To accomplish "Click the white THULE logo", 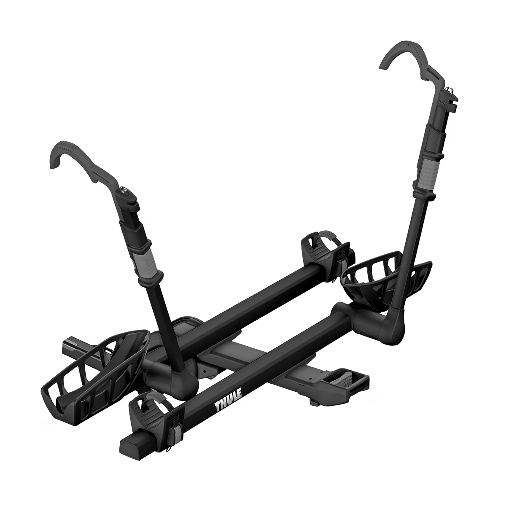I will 228,399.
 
